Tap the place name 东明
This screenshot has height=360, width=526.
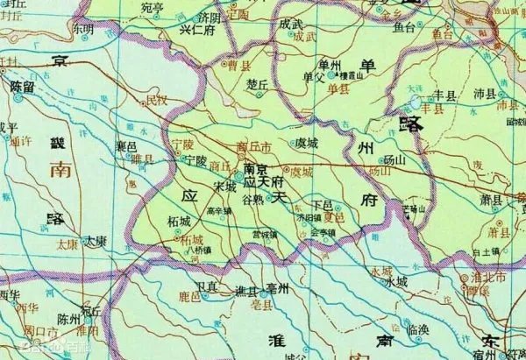click(x=83, y=29)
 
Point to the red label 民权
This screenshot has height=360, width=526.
click(x=155, y=101)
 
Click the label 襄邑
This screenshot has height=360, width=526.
click(x=126, y=145)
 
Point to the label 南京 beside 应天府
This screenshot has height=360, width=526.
click(x=254, y=169)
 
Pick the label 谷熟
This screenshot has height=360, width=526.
click(x=252, y=200)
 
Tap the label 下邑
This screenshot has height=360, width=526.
click(x=322, y=203)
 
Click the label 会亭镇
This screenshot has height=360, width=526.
click(x=323, y=232)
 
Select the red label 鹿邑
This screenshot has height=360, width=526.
click(x=190, y=299)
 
